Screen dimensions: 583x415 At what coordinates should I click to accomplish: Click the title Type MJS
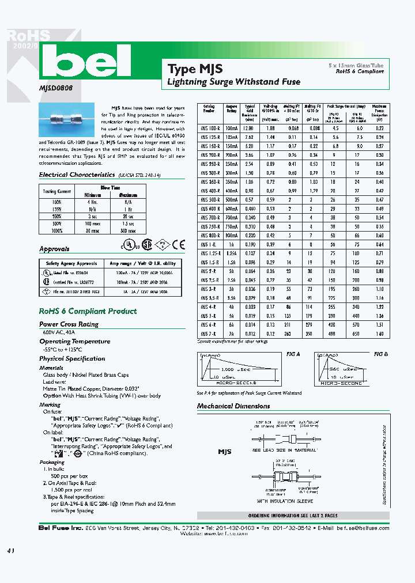tap(195, 69)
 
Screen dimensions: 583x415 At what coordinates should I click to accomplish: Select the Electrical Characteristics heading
tap(77, 174)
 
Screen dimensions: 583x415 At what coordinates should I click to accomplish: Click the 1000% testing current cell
tap(56, 230)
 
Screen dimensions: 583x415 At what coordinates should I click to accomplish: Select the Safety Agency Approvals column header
tap(67, 263)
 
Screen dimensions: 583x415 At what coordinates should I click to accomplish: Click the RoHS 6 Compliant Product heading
tap(88, 311)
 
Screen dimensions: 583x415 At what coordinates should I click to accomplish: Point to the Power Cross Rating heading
tap(69, 324)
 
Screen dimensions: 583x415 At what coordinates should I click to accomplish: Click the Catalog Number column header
tap(209, 109)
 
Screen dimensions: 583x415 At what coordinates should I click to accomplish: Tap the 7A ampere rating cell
tap(231, 334)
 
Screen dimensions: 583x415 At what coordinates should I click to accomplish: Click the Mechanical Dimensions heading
tap(233, 406)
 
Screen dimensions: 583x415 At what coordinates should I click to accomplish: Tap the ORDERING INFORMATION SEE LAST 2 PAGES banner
tap(293, 516)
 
